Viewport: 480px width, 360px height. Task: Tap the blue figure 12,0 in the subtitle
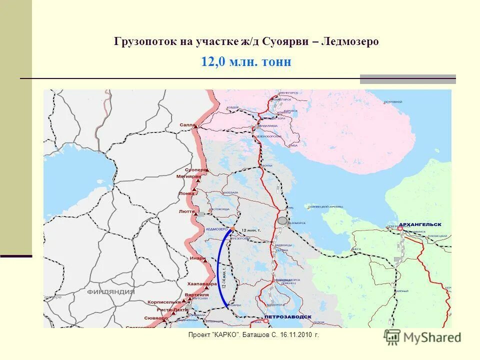[214, 62]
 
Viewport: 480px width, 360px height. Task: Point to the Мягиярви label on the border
[188, 176]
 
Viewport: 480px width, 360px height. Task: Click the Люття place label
[186, 211]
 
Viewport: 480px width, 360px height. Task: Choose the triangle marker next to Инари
[204, 259]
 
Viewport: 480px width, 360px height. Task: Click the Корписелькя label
[164, 302]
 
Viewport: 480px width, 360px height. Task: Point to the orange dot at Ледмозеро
[232, 228]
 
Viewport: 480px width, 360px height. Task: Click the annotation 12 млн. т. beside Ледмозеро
[251, 229]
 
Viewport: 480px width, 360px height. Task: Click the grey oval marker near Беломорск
[282, 220]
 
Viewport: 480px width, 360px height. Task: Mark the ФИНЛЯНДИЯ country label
[110, 291]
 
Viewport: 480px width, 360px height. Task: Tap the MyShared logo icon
[392, 337]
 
